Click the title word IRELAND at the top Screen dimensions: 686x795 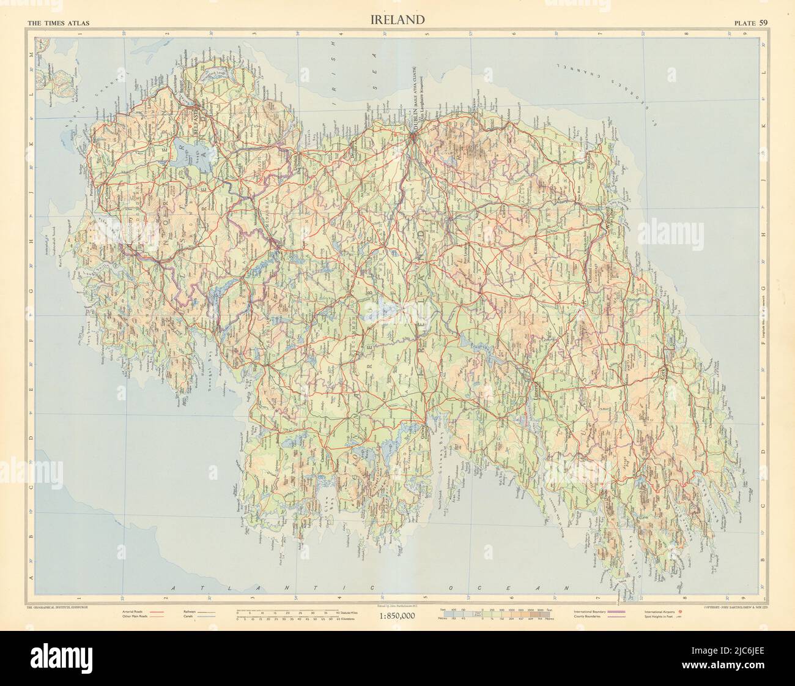click(x=397, y=20)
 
